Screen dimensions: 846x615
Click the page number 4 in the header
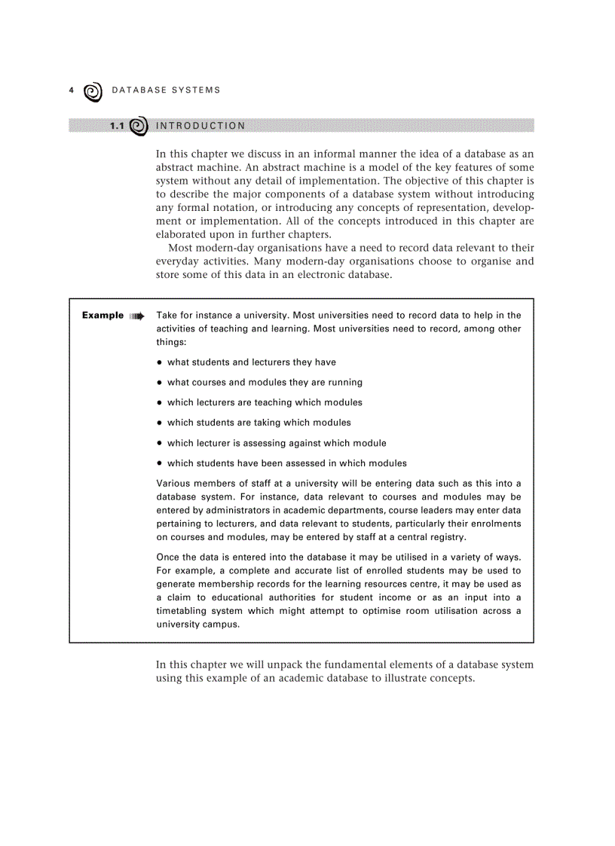(x=71, y=90)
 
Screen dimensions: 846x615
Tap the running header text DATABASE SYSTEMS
(x=166, y=90)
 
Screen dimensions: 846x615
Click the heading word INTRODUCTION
(x=200, y=126)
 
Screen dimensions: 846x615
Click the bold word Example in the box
(x=102, y=315)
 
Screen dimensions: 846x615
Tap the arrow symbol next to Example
(x=136, y=316)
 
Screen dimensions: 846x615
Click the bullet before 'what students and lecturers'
(x=160, y=362)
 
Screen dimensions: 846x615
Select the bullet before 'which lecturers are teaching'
(x=160, y=403)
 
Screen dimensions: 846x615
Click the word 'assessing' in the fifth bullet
(x=268, y=443)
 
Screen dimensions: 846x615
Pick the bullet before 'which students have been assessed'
(x=160, y=463)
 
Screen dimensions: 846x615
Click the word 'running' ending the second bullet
(x=345, y=382)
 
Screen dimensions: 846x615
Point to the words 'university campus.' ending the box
(x=197, y=625)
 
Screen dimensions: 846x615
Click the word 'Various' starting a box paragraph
(x=173, y=484)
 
